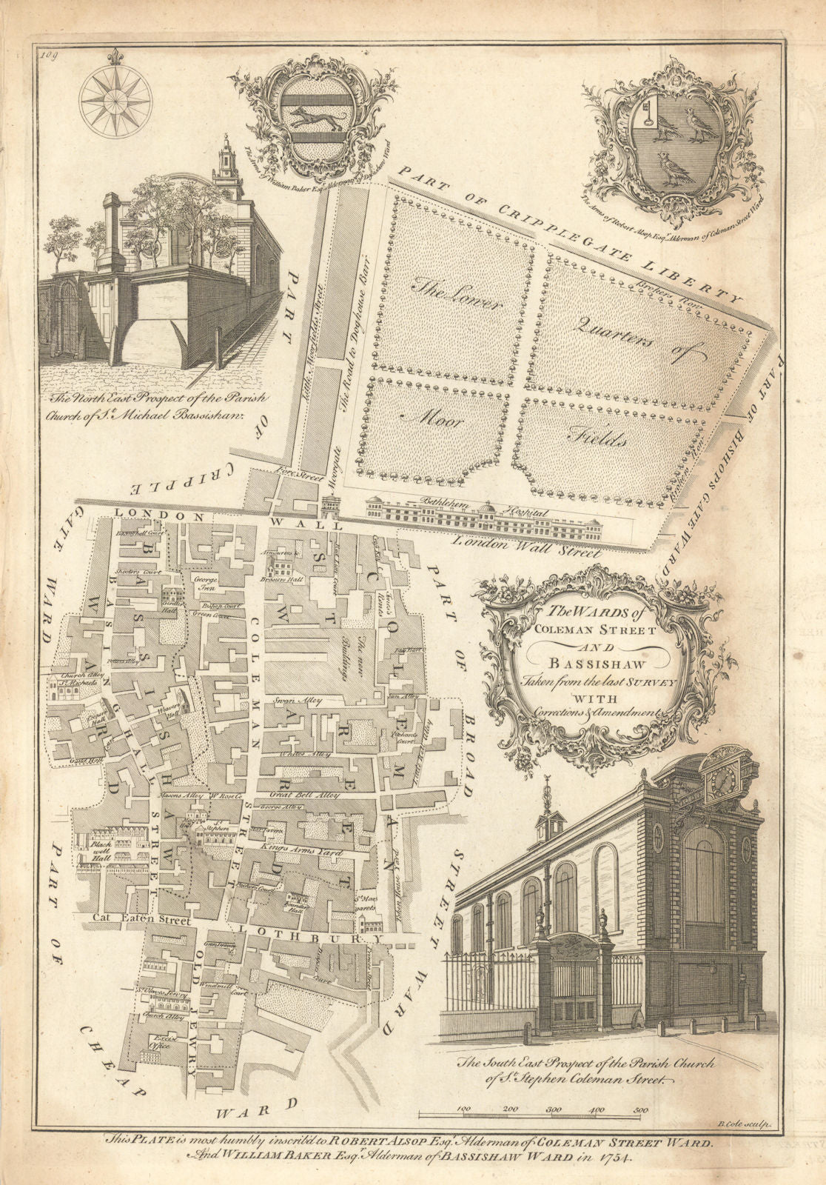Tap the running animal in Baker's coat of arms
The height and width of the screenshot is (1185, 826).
(311, 118)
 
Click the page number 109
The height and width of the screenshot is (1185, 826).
(50, 53)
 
